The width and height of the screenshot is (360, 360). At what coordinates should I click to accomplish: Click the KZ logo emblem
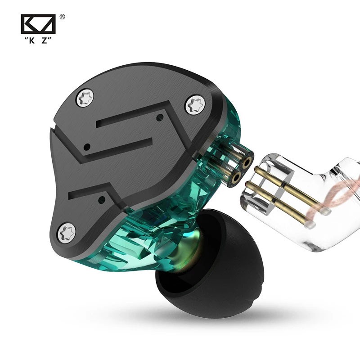[x=38, y=24]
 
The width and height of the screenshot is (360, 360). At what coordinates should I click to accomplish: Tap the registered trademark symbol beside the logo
[x=62, y=17]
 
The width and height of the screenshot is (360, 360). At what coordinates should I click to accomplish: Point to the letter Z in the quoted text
[x=45, y=40]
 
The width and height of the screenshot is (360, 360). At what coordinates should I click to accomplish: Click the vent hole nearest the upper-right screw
[x=159, y=118]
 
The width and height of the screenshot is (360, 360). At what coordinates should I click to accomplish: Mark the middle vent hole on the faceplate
[x=88, y=147]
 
